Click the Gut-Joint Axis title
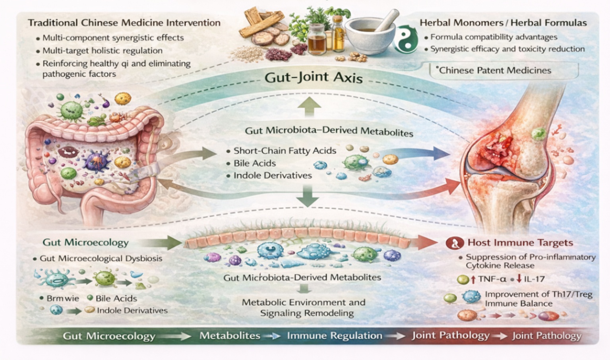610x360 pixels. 314,77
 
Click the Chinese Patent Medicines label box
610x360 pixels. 503,71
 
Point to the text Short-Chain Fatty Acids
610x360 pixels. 285,151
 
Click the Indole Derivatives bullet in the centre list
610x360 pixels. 273,175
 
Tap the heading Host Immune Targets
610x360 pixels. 520,242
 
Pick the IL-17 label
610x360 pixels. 534,279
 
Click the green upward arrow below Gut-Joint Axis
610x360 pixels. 309,106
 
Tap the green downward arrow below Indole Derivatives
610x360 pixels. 308,196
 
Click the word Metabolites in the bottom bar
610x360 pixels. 230,335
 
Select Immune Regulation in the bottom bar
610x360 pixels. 334,336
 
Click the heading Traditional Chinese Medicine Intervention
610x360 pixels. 124,23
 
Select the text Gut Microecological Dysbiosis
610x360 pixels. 101,258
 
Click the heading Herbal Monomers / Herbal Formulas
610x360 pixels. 503,23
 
